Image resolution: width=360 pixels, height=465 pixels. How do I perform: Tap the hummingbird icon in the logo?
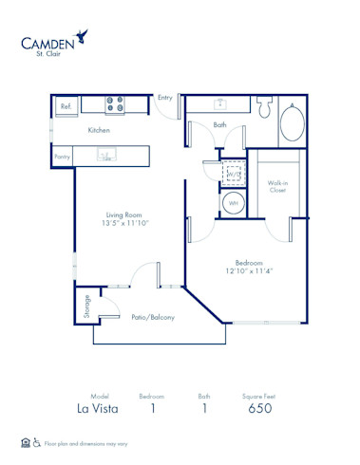pos(86,35)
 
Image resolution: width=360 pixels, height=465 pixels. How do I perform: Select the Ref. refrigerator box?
pos(66,107)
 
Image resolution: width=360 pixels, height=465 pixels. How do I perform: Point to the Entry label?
pos(165,97)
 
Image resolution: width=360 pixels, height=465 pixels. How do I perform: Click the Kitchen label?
pos(100,130)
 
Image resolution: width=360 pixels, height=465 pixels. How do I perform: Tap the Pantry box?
pos(63,156)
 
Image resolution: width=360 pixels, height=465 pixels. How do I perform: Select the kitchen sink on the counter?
pos(107,155)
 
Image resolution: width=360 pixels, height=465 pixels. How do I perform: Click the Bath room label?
pos(219,125)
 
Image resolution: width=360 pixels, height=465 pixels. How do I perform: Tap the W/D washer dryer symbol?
pos(233,175)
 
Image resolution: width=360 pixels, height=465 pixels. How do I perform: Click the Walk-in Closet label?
pos(277,186)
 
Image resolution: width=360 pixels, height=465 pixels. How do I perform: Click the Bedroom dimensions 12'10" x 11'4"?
pos(248,270)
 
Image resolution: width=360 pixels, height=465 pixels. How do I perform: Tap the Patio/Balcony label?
pos(152,318)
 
